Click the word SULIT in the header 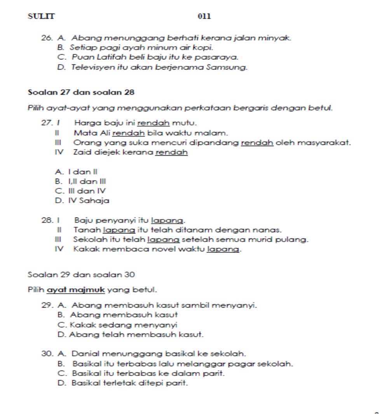pyautogui.click(x=42, y=16)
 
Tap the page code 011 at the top pyautogui.click(x=204, y=16)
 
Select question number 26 pyautogui.click(x=47, y=38)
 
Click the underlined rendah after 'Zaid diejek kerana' pyautogui.click(x=171, y=152)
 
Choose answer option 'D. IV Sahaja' pyautogui.click(x=82, y=201)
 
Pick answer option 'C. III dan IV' pyautogui.click(x=81, y=191)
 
